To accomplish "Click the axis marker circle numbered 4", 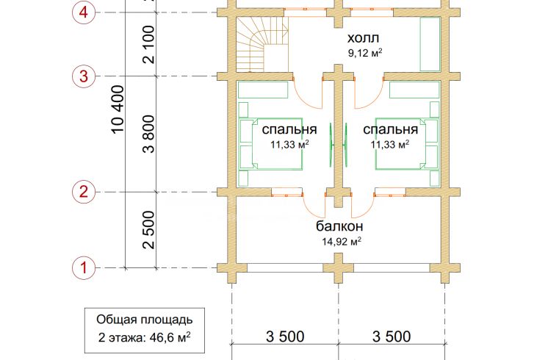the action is tap(84, 12).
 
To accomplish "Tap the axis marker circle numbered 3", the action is tap(84, 76).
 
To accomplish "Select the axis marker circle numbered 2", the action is tap(84, 192).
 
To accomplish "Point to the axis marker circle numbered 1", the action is tap(84, 268).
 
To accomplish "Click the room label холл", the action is tap(363, 37).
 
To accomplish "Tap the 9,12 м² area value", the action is tap(364, 53).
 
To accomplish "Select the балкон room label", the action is tap(339, 226).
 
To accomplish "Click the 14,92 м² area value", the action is tap(342, 241).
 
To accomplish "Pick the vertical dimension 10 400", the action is tap(118, 109).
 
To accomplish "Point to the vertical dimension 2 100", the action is tap(148, 44).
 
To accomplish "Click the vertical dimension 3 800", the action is tap(148, 134).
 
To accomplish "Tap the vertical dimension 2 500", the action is tap(148, 230).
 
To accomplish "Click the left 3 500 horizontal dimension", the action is tap(285, 336).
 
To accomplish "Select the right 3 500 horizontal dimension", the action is tap(392, 336).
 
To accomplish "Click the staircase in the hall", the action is tap(262, 44).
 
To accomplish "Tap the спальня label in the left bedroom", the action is tap(289, 129).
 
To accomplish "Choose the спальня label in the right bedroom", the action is tap(390, 129).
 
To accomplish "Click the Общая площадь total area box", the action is tap(145, 331).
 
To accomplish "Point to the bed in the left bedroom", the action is tap(271, 144).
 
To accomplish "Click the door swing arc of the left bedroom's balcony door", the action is tap(311, 209).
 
